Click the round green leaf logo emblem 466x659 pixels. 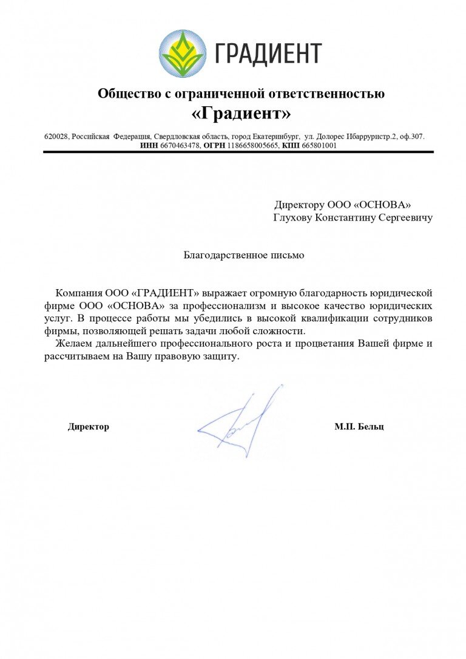click(x=183, y=53)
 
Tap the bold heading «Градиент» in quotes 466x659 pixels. click(x=241, y=114)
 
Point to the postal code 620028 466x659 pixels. click(x=56, y=137)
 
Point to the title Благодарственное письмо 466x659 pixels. click(x=244, y=256)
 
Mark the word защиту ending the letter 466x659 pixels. click(x=221, y=357)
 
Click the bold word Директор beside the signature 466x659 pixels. click(x=89, y=427)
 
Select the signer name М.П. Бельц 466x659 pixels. click(x=359, y=427)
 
